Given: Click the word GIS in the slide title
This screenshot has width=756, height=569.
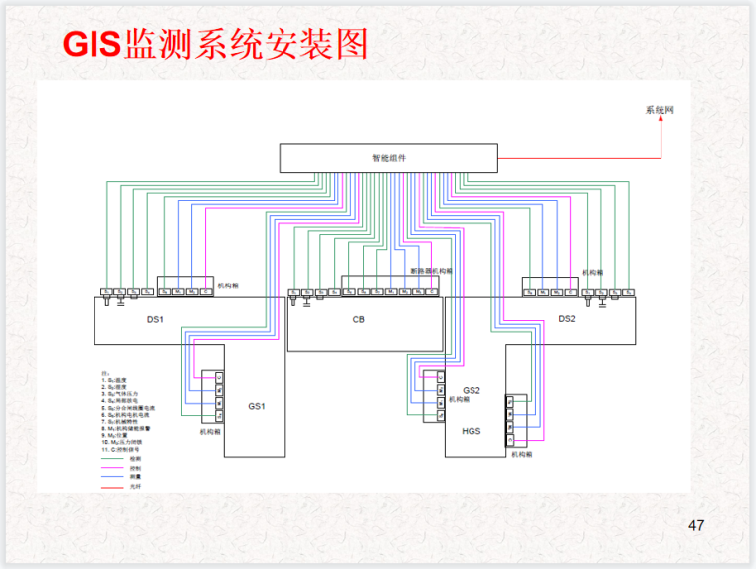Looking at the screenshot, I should coord(91,44).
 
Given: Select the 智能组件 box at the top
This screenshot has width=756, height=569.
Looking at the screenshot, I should coord(388,157).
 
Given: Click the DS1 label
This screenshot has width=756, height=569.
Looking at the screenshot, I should coord(155,319).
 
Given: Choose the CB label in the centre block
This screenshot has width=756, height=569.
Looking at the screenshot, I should coord(359,320).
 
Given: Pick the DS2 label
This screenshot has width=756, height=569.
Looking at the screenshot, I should coord(566,319).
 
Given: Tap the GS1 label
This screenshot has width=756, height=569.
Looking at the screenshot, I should coord(257,406).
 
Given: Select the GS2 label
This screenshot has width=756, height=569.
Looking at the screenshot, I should coord(472,390).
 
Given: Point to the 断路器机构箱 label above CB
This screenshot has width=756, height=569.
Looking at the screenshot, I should coord(431,270).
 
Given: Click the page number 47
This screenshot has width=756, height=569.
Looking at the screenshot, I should coord(696,525).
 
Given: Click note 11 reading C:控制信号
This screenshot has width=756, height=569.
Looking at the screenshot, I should coord(123,449).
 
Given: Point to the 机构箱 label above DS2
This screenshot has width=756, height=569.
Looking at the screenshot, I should coord(592,271).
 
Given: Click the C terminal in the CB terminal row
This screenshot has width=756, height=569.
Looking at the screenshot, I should coord(431,292).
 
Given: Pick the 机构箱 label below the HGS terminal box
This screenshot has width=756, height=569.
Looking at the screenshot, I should coord(522,454).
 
